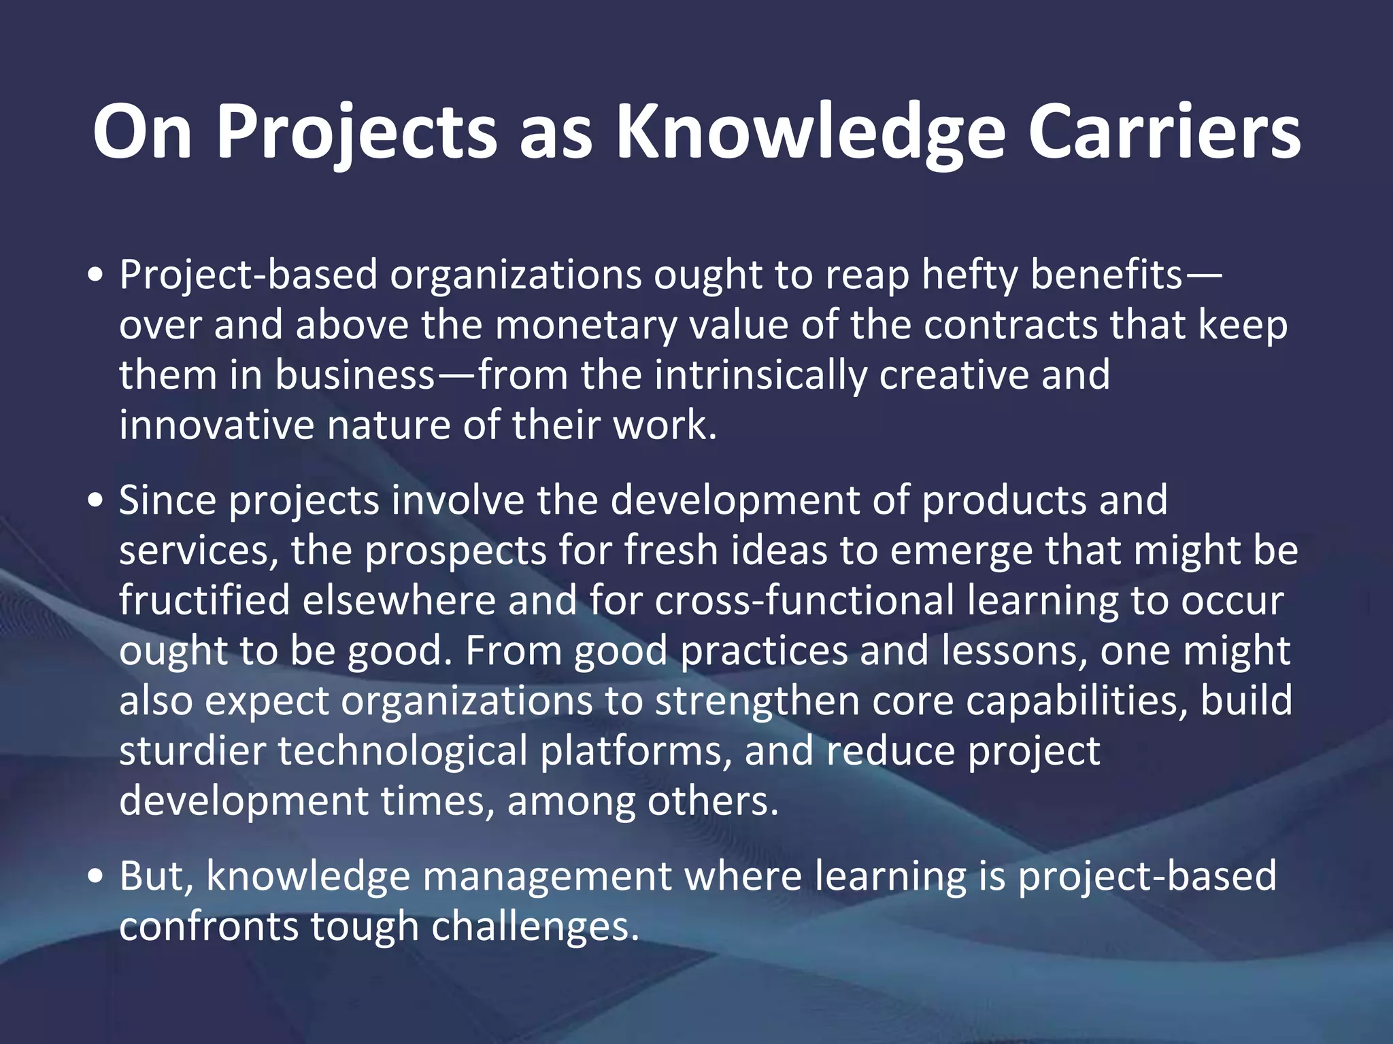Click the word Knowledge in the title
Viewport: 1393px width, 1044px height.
[810, 133]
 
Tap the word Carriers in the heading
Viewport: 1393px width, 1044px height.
[1164, 133]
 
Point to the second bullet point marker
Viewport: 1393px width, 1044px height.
[96, 501]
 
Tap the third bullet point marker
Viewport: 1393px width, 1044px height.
[96, 876]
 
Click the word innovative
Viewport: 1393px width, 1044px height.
[216, 425]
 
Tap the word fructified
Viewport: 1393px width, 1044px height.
[204, 601]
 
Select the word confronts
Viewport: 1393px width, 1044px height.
[208, 926]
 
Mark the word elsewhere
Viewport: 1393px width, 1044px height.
[399, 601]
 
